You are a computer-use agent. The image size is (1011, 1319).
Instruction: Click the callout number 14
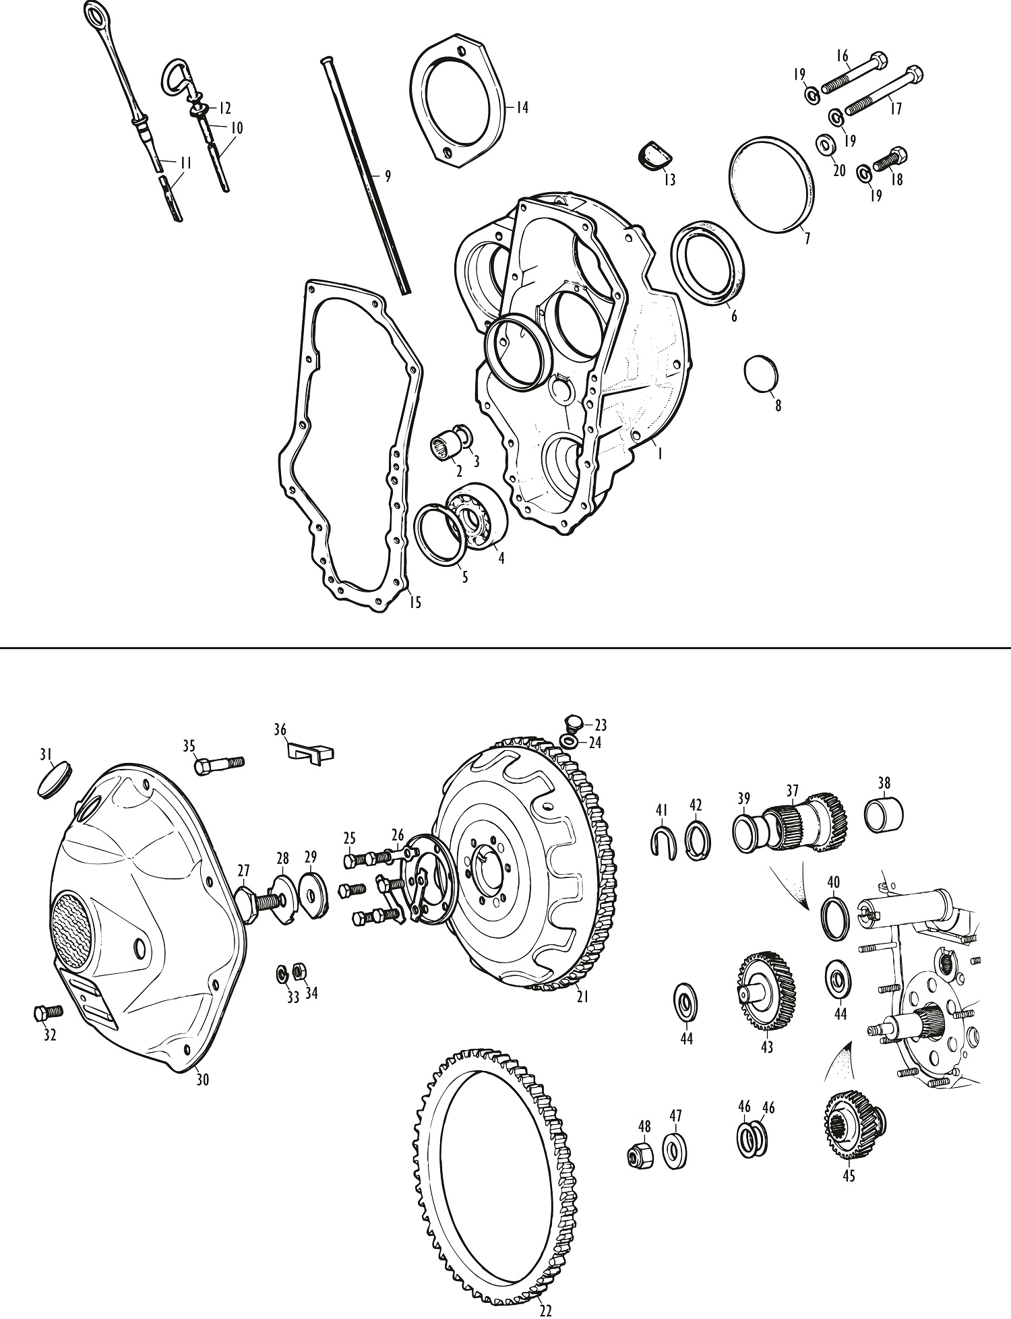point(522,107)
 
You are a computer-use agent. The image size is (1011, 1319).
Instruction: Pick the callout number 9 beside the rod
point(387,177)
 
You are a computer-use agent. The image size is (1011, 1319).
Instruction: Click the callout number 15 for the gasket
point(415,602)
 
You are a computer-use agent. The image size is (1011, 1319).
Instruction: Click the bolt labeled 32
point(47,1013)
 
